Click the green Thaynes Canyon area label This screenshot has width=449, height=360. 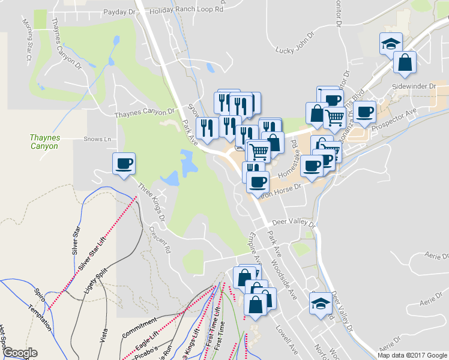point(45,142)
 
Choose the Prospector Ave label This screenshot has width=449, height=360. point(394,119)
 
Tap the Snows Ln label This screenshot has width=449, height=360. point(98,139)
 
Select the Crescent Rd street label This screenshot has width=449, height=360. point(160,238)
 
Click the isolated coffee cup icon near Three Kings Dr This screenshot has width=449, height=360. point(124,164)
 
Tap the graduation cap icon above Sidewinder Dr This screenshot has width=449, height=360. point(390,44)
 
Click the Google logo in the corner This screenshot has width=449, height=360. point(20,353)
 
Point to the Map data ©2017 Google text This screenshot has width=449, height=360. point(412,355)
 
